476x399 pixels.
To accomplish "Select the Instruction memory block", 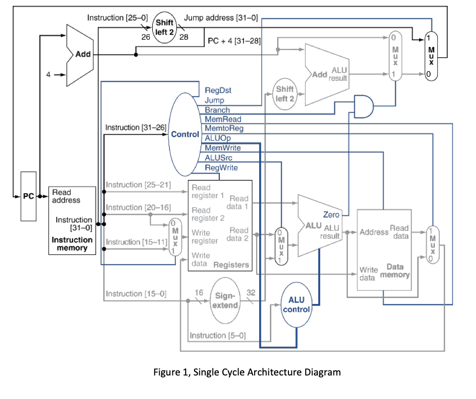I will tap(72, 220).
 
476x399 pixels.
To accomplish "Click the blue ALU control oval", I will tap(296, 304).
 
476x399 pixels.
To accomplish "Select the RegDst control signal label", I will tap(218, 91).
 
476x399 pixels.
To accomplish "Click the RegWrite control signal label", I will tap(221, 168).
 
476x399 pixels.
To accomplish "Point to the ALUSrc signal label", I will tap(219, 158).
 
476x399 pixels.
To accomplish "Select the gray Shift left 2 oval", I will tap(285, 93).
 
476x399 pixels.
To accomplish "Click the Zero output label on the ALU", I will tap(331, 215).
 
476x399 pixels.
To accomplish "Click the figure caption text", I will tap(247, 372).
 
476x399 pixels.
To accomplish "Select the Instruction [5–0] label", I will tap(217, 335).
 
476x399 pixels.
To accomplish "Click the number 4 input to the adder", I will tap(48, 75).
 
